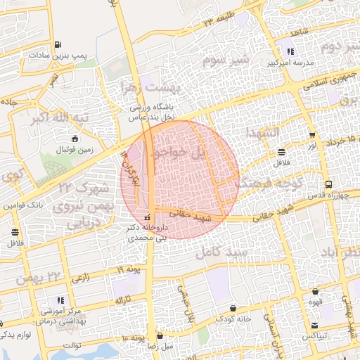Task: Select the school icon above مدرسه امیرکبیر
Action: [x=290, y=51]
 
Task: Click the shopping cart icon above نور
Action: [x=312, y=135]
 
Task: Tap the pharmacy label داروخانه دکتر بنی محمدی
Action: [x=147, y=233]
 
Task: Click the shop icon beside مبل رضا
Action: [x=161, y=336]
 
